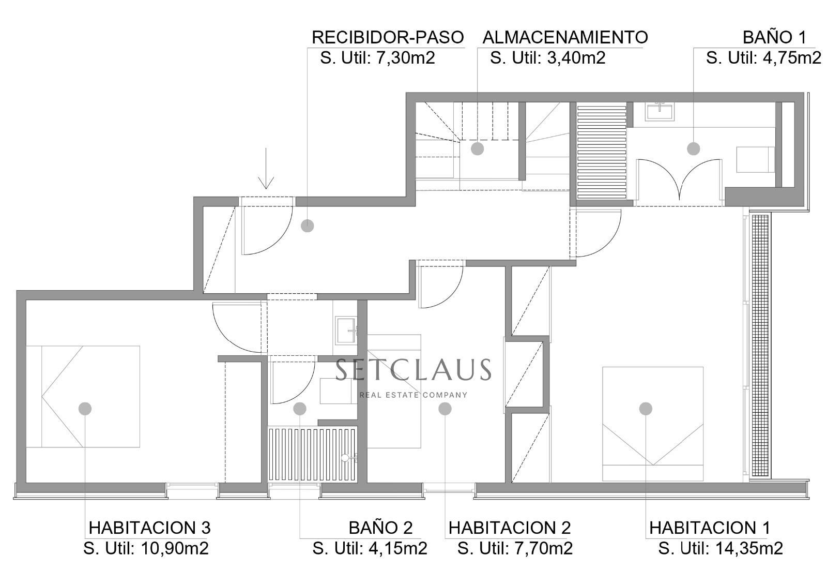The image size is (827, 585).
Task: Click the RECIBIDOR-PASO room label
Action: [x=388, y=37]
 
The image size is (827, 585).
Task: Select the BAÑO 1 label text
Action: [x=774, y=37]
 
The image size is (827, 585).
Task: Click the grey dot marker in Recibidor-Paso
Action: [x=307, y=226]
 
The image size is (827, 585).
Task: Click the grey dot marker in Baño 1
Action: [x=693, y=149]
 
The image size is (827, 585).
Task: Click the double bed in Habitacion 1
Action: [x=652, y=423]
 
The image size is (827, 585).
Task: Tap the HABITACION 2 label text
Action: [x=509, y=528]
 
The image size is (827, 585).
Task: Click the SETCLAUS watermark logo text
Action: [x=412, y=370]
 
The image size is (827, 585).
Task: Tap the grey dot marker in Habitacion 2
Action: [x=445, y=409]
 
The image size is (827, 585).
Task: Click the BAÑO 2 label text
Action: [x=380, y=528]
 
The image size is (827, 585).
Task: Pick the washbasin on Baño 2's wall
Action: [x=345, y=331]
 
